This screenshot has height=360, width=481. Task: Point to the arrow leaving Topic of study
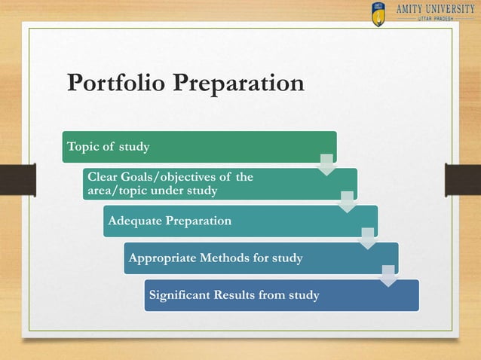pyautogui.click(x=326, y=163)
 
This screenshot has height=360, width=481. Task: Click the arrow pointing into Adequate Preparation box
pyautogui.click(x=347, y=201)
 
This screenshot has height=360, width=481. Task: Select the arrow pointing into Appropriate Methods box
pyautogui.click(x=367, y=238)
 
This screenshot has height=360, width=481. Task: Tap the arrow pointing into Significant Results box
pyautogui.click(x=388, y=275)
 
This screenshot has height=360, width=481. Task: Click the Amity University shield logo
pyautogui.click(x=378, y=14)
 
